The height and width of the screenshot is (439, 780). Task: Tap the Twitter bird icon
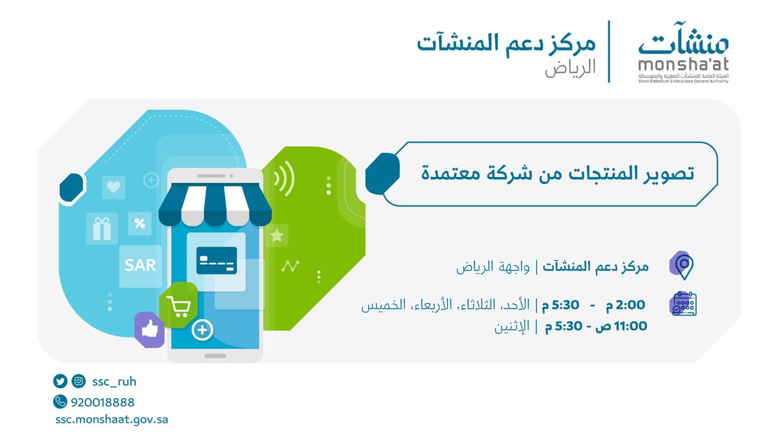click(61, 382)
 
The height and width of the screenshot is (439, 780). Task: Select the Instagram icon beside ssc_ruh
click(78, 382)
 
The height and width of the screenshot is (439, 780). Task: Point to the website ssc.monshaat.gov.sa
click(112, 419)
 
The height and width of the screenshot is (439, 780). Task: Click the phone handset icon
click(61, 402)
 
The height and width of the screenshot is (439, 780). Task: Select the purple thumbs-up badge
click(149, 329)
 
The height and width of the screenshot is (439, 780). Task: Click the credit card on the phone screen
click(216, 260)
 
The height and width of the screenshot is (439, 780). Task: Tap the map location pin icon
click(682, 265)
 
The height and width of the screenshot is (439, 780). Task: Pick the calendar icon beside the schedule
click(683, 304)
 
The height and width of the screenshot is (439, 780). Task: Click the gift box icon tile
click(102, 228)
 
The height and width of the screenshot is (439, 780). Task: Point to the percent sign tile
click(139, 224)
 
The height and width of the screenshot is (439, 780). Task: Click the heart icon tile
click(114, 187)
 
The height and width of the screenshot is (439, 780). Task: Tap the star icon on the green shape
click(277, 235)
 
